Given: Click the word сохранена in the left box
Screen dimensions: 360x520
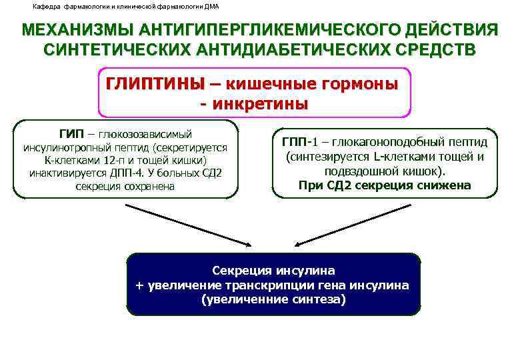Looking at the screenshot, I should click(x=151, y=186).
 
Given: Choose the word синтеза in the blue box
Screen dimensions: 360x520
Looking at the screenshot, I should click(x=317, y=299).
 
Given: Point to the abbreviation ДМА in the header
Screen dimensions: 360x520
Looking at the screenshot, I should click(x=209, y=7).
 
